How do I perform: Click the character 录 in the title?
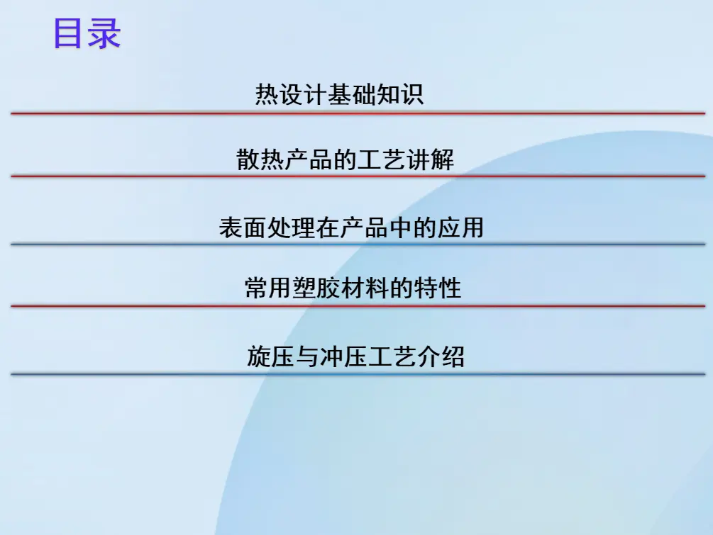tap(104, 33)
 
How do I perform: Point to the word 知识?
tap(399, 94)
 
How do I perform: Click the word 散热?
tap(260, 159)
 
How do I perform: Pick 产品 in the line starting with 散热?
tap(309, 159)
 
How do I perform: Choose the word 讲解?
tap(430, 159)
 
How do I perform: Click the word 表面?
tap(243, 227)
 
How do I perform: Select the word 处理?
tap(291, 227)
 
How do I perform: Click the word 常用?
tap(268, 288)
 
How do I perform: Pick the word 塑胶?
tap(316, 288)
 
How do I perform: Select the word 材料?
tap(364, 288)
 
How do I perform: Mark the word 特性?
tap(437, 288)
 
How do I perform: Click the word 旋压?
tap(271, 356)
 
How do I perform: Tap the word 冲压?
tap(344, 356)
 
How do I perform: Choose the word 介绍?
tap(441, 356)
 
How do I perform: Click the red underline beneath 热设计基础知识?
tap(358, 113)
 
